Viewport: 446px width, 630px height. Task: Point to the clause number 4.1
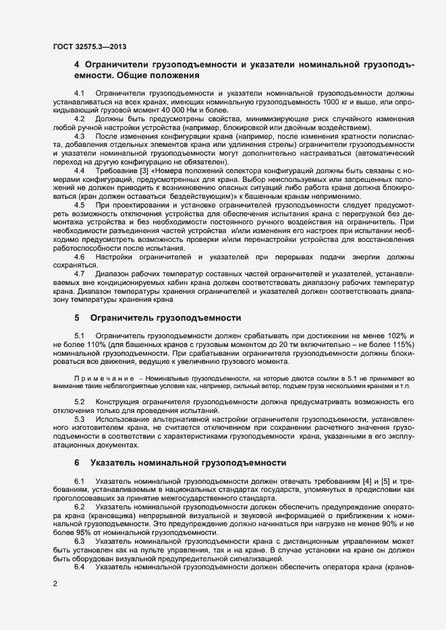tap(79, 92)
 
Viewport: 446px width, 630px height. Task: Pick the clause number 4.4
tap(79, 171)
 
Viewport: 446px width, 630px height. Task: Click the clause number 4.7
tap(79, 273)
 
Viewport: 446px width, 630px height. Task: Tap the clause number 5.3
tap(79, 419)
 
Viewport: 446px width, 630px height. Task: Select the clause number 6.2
tap(79, 505)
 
